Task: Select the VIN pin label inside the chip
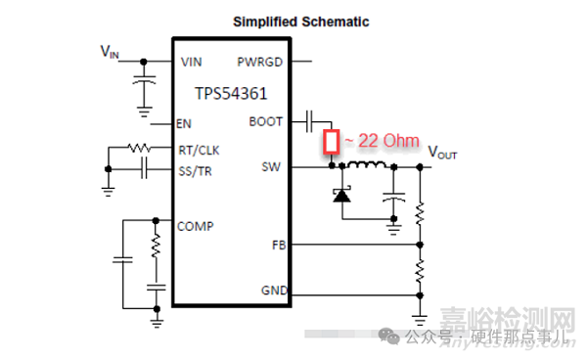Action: coord(192,62)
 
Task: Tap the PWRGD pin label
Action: coord(259,62)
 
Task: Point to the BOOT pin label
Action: coord(265,122)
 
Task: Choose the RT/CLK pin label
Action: coord(199,150)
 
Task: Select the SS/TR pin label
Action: coord(197,171)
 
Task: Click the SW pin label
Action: coord(271,167)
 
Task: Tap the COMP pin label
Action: coord(195,225)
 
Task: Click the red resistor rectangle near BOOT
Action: coord(333,144)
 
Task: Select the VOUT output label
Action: coord(442,154)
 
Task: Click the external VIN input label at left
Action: coord(111,50)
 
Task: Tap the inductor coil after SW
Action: coord(368,165)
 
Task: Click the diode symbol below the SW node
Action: coord(341,196)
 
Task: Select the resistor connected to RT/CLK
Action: coord(136,149)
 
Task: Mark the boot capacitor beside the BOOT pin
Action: coord(310,121)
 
